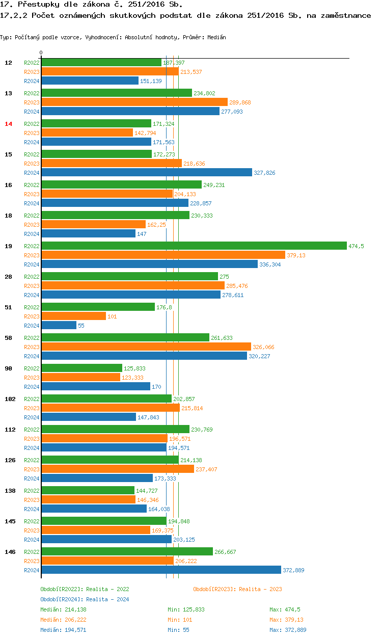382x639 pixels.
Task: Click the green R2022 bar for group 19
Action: [x=194, y=246]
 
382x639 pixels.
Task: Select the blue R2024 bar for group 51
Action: [x=59, y=326]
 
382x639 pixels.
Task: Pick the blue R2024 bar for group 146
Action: [x=161, y=570]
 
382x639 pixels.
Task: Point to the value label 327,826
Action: [x=264, y=173]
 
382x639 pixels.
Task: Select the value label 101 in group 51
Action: [x=112, y=316]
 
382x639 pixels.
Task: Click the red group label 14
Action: [x=8, y=124]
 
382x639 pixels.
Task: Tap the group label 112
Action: [x=10, y=430]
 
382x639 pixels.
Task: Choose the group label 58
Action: [x=8, y=338]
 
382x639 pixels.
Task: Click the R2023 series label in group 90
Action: [x=32, y=378]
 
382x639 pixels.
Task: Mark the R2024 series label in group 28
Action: [x=32, y=295]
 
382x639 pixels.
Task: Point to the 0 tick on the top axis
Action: [x=41, y=52]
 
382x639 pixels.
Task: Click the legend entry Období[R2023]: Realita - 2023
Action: [x=237, y=589]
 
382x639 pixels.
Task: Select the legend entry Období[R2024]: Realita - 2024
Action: [x=85, y=599]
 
